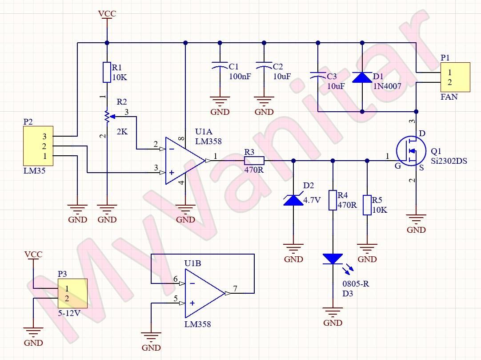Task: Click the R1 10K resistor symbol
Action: [x=107, y=72]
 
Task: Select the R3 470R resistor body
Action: [x=254, y=161]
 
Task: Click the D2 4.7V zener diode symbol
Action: [x=293, y=200]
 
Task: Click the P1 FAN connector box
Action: [x=455, y=77]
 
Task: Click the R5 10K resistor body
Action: [x=367, y=205]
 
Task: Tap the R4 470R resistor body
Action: [x=333, y=200]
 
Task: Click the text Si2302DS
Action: [x=449, y=161]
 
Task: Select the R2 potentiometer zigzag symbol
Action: [x=107, y=116]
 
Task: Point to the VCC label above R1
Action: [x=107, y=14]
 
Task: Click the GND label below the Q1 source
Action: [x=416, y=230]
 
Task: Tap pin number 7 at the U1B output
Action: [x=235, y=288]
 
